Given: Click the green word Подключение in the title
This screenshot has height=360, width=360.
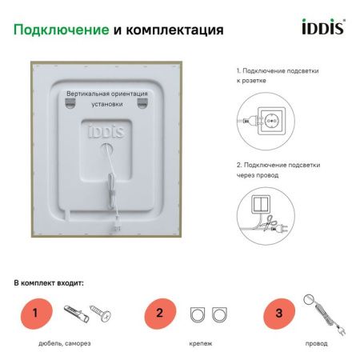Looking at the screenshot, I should [61, 30].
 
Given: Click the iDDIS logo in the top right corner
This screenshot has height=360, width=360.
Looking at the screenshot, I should [322, 28].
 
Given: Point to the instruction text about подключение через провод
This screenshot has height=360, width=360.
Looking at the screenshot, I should [278, 170].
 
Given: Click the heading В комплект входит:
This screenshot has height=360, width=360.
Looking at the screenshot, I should [49, 283].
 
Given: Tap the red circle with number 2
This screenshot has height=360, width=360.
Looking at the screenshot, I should [160, 313].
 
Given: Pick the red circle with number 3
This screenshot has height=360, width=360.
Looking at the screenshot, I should [278, 313].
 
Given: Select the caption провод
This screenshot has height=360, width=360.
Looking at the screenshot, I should [317, 344].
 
